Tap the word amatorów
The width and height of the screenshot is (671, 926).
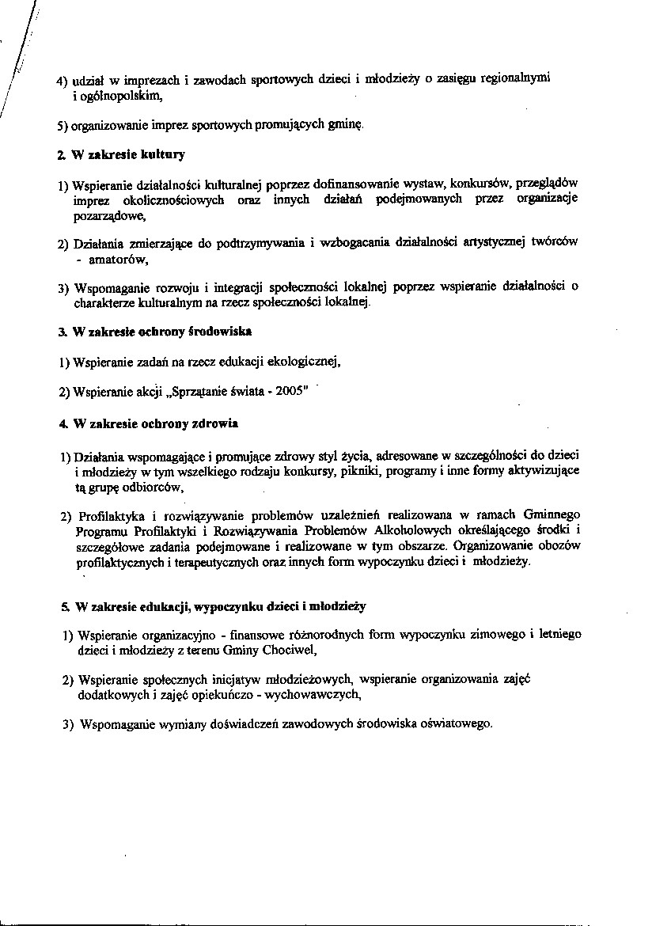click(118, 258)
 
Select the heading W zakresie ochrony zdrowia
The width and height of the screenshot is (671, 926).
click(155, 425)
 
